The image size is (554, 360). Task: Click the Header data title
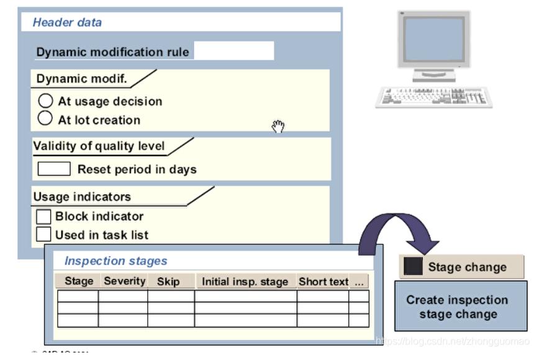[67, 22]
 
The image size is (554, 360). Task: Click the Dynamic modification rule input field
[234, 52]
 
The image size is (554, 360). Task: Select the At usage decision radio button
[46, 101]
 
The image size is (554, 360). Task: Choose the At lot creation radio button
[46, 119]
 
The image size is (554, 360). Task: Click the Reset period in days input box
[54, 169]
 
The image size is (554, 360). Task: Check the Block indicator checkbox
[43, 217]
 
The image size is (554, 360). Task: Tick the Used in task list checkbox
[43, 235]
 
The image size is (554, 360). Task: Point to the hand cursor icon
[278, 127]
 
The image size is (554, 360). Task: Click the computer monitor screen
[434, 39]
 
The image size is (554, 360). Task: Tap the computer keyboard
[434, 97]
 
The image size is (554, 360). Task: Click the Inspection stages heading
[116, 261]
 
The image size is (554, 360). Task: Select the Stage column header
[78, 281]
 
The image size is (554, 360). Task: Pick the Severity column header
[124, 281]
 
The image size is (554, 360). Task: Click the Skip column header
[168, 282]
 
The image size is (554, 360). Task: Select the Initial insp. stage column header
[245, 282]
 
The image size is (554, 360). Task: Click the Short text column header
[323, 282]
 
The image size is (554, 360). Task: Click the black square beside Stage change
[412, 267]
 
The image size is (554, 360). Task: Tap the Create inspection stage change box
[460, 307]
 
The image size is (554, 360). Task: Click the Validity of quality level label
[99, 146]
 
